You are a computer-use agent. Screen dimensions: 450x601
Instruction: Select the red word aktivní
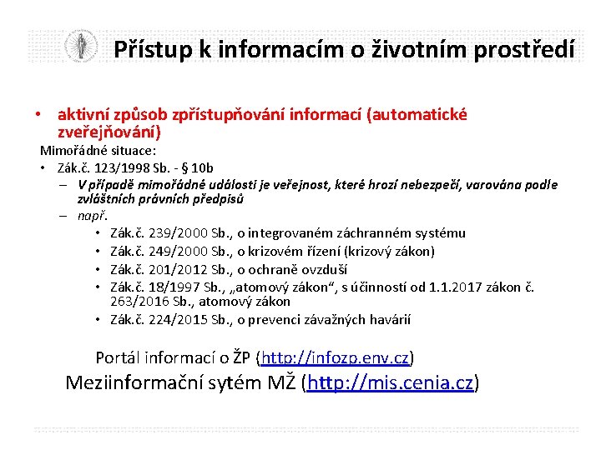pos(84,114)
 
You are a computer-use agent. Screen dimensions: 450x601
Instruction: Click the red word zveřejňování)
pos(109,132)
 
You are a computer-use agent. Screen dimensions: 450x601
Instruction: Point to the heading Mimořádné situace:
pos(98,151)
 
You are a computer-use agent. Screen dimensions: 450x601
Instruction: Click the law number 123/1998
pos(124,167)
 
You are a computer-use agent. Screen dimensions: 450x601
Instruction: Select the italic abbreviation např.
pos(93,216)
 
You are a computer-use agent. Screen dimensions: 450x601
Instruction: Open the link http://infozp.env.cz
pos(335,358)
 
